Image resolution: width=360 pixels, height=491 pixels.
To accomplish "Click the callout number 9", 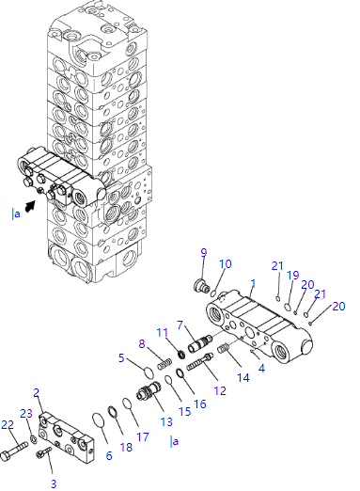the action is point(204,252).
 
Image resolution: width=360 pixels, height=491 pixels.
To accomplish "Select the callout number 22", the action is point(8,425).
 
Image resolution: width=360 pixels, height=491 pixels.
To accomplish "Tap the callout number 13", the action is point(166,421).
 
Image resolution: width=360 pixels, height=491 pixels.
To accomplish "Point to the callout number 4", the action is point(261,368).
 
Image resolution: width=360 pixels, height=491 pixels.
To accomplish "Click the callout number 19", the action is point(293,276).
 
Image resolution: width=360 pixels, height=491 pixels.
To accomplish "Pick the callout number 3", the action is point(54,483).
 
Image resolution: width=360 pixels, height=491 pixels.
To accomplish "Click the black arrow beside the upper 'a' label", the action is point(29,207).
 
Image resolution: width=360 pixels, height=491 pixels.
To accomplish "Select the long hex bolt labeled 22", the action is point(14,449).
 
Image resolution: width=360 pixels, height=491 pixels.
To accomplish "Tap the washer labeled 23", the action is point(34,439).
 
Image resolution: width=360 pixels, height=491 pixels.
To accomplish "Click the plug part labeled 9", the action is point(202,286).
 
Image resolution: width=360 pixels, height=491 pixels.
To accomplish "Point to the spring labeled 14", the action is point(223,348).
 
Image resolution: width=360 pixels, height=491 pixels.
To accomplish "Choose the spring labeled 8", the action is point(164,364).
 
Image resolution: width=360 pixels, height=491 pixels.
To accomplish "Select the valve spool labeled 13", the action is point(149,390).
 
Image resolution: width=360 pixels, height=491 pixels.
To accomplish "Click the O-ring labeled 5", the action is point(149,373).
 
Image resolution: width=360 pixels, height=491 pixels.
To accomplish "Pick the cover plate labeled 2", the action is point(67,438).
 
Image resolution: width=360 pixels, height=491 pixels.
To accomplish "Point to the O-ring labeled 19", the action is point(288,308).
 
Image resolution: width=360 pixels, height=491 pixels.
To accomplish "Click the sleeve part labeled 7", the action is point(200,343).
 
